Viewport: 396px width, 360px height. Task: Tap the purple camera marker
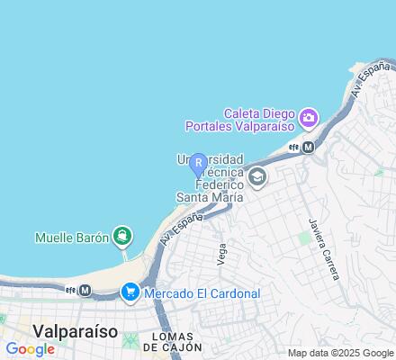(x=309, y=118)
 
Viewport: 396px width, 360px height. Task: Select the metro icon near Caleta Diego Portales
(x=309, y=146)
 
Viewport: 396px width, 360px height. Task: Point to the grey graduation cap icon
(x=258, y=176)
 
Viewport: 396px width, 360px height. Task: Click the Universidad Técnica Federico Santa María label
(x=210, y=179)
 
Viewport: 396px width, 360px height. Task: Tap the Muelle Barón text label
(x=71, y=238)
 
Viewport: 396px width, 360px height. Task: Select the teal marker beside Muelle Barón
(x=122, y=237)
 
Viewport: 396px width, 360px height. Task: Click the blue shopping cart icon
(x=130, y=292)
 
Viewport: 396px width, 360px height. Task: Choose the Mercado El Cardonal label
(x=202, y=292)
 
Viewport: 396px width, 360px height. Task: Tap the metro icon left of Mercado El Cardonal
(x=85, y=290)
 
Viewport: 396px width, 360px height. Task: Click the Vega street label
(x=220, y=252)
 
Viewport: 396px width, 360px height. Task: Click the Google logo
(x=31, y=349)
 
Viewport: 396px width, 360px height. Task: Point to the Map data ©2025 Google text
(x=339, y=353)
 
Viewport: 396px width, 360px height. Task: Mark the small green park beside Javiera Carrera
(x=304, y=238)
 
